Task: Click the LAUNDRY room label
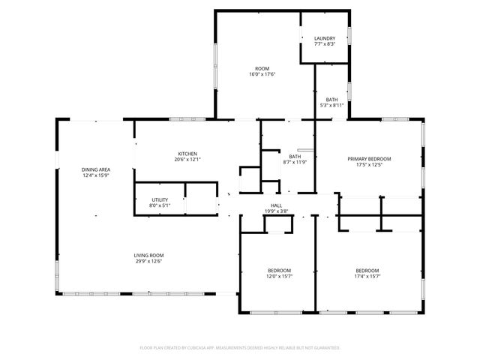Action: [324, 38]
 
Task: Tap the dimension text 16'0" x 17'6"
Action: [262, 74]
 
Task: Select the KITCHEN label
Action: [187, 153]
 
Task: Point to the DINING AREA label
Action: [96, 169]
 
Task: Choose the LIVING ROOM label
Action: [148, 256]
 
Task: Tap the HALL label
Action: [276, 205]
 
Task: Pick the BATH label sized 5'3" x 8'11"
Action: [331, 100]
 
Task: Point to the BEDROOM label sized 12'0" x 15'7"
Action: [279, 270]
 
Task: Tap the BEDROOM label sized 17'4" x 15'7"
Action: [367, 270]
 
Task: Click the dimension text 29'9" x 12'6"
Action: [148, 262]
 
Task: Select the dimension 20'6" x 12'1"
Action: [187, 159]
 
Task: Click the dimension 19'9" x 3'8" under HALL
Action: [276, 211]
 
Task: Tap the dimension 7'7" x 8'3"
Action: [324, 44]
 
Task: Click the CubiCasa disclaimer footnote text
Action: [240, 348]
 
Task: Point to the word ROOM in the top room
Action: [262, 68]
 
